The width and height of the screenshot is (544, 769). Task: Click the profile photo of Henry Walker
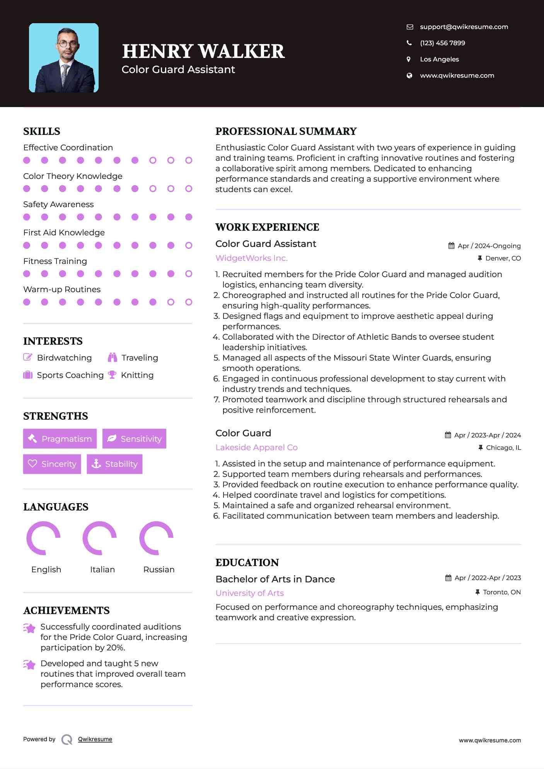[64, 58]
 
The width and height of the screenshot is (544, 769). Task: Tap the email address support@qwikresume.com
[464, 27]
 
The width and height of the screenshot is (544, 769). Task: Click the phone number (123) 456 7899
[442, 43]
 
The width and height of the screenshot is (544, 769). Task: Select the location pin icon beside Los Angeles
[409, 59]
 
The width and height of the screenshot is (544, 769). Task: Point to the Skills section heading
[42, 131]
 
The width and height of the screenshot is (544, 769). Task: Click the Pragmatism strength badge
[60, 439]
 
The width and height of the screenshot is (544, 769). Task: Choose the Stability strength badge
[114, 464]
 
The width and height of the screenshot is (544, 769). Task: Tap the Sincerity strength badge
[52, 464]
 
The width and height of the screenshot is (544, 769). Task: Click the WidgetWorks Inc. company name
[251, 258]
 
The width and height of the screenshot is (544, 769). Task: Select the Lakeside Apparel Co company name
[256, 447]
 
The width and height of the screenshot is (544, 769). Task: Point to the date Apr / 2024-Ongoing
[489, 246]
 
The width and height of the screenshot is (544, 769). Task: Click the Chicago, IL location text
[503, 447]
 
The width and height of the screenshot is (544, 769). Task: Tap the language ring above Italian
[100, 538]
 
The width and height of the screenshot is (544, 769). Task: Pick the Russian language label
[159, 570]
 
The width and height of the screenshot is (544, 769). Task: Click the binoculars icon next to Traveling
[113, 357]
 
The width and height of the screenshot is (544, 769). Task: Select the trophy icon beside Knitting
[112, 375]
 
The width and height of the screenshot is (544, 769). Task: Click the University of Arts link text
[249, 593]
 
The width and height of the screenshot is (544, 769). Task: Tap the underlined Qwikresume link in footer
[95, 739]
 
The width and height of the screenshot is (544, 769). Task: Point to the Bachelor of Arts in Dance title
[275, 579]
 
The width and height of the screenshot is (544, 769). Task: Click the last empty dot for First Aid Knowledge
[189, 245]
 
